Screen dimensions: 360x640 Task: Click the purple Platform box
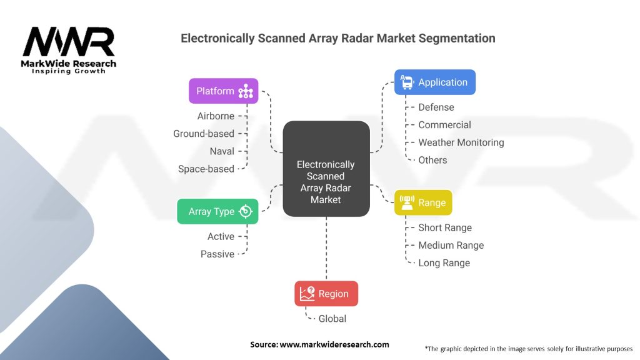click(x=223, y=91)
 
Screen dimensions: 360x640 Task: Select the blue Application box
click(x=434, y=82)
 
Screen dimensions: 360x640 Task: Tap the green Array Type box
click(x=217, y=211)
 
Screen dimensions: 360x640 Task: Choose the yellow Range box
click(x=422, y=202)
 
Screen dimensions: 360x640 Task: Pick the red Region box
click(x=326, y=294)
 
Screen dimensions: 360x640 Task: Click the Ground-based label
click(x=204, y=134)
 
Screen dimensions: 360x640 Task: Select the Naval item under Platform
click(x=222, y=151)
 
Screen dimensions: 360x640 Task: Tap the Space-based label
click(x=206, y=169)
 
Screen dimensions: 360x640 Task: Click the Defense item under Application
click(x=436, y=107)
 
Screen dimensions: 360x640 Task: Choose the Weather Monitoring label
click(x=461, y=142)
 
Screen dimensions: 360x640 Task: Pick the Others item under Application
click(x=432, y=160)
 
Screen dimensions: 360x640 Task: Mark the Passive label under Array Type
click(x=217, y=254)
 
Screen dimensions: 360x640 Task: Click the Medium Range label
click(x=451, y=245)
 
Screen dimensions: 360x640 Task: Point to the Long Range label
click(x=444, y=262)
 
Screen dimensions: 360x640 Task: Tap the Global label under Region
click(x=332, y=319)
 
